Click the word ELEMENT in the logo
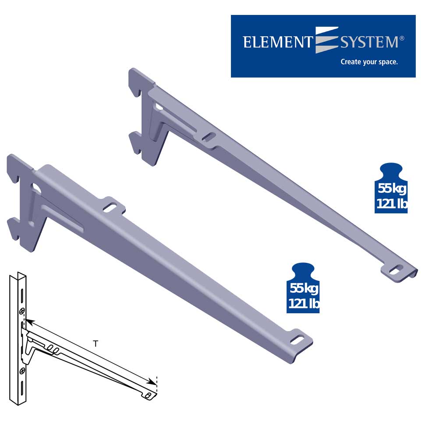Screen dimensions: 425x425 click(278, 42)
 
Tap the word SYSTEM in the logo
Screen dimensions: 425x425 click(369, 42)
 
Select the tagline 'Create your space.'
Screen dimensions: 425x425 click(369, 62)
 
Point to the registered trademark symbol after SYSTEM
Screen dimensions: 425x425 click(402, 38)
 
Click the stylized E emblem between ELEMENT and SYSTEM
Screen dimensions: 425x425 click(326, 40)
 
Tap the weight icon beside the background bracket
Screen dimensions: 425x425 click(391, 188)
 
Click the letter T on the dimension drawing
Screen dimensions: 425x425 click(96, 344)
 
